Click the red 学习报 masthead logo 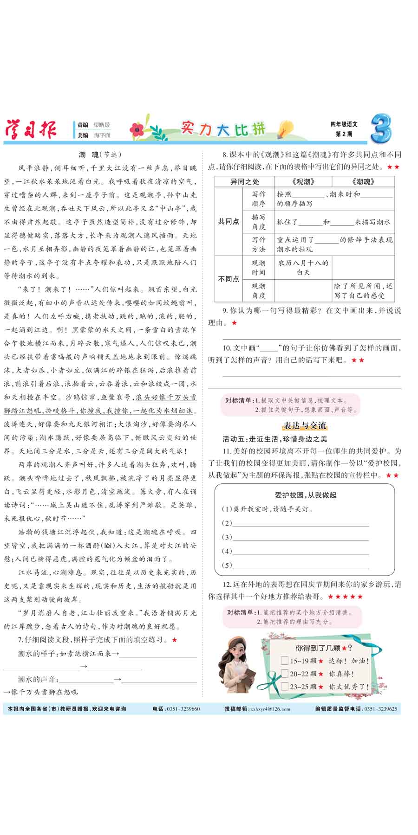tap(31, 129)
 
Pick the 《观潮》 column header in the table tap(303, 182)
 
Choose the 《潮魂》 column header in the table tap(363, 182)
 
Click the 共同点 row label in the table tap(229, 222)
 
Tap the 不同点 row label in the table tap(229, 279)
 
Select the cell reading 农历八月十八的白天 tap(303, 267)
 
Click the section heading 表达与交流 tap(305, 425)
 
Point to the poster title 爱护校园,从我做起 tap(305, 495)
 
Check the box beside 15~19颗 tap(285, 661)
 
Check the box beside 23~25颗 tap(285, 686)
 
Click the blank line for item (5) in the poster tap(300, 565)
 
